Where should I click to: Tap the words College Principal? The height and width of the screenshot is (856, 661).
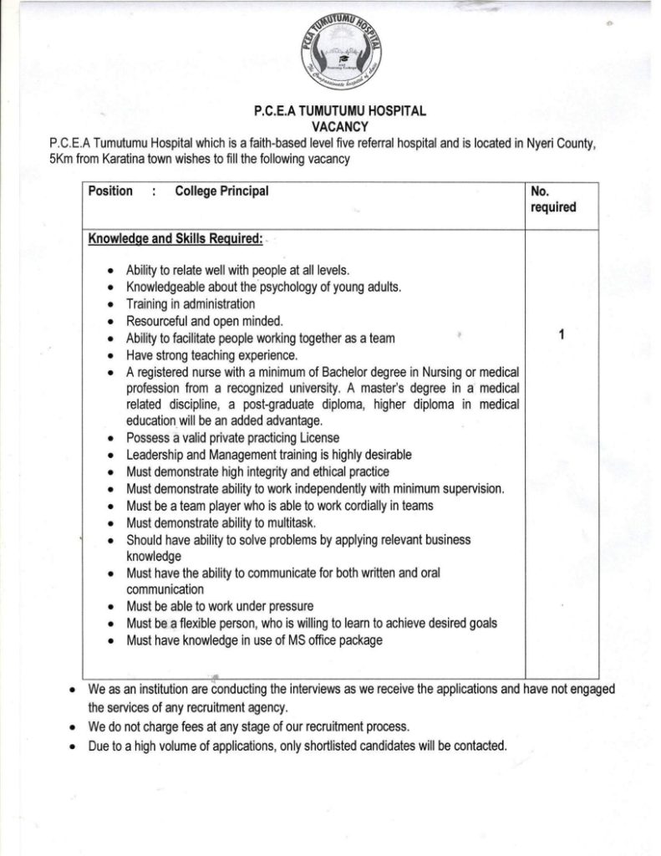221,191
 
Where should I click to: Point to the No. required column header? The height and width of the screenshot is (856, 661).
552,199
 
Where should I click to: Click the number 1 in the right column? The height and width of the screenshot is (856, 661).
562,335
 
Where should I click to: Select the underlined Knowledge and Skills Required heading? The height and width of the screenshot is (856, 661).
175,239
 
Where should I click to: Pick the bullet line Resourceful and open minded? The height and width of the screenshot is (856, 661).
206,321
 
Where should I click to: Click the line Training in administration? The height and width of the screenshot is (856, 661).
191,304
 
